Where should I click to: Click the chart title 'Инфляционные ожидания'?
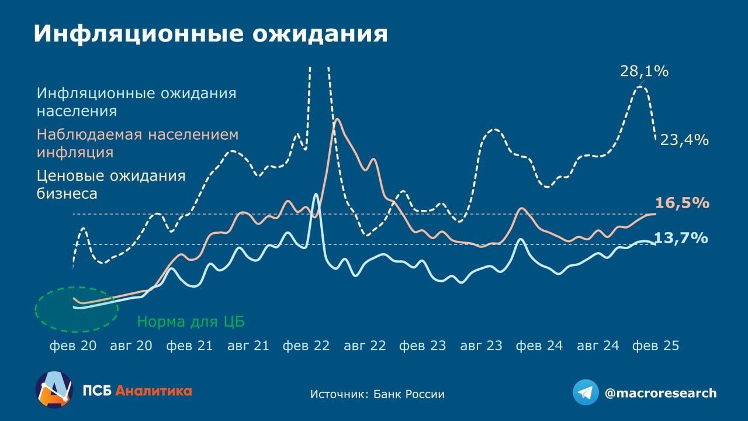(210, 34)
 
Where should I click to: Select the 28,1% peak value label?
(644, 72)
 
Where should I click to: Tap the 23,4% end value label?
(684, 140)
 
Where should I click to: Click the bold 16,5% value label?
(682, 203)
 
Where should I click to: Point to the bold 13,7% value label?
(681, 238)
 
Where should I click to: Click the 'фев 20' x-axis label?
(73, 346)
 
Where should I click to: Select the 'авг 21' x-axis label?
(248, 346)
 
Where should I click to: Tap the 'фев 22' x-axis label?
(306, 346)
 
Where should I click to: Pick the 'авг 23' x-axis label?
(481, 346)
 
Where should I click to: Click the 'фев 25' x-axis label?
(656, 346)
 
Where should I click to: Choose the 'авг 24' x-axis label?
(598, 346)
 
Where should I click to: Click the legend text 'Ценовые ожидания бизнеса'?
(111, 184)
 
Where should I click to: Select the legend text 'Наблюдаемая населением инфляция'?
(137, 143)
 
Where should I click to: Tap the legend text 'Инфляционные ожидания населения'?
(136, 102)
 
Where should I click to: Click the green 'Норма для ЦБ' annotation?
(191, 322)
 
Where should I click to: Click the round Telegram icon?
(586, 392)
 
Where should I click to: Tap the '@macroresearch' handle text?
(660, 393)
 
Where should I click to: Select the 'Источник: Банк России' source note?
(377, 394)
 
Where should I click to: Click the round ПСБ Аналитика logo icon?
(54, 389)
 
